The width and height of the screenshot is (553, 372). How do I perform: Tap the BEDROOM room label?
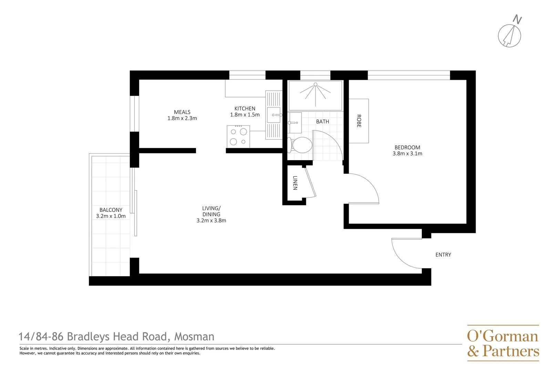point(407,147)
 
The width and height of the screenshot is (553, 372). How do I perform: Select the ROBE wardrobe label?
point(359,121)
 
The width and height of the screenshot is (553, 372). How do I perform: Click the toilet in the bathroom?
point(301,145)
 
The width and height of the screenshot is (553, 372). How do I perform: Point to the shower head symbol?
point(315,84)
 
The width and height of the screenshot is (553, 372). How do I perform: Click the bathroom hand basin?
point(294,123)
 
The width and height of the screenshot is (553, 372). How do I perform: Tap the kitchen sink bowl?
point(274,115)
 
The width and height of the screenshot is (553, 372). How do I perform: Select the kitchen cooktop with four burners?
point(238,136)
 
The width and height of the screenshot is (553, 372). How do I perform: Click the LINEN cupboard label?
point(295,183)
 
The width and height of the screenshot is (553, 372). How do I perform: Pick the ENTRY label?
point(443,255)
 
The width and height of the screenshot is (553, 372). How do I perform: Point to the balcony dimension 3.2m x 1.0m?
point(111,216)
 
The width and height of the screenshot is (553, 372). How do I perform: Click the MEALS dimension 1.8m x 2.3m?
point(182,118)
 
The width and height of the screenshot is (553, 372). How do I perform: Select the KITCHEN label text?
point(245,108)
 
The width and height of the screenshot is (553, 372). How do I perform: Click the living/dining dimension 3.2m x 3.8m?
point(211,221)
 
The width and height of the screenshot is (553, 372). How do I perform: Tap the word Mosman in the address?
point(194,337)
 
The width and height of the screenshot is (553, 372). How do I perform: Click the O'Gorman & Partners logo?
point(503,343)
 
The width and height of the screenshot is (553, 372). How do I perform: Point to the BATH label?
point(322,122)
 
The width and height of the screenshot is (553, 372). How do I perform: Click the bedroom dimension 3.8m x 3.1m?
point(407,154)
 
